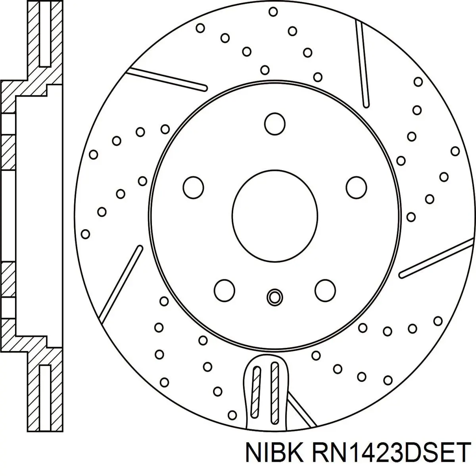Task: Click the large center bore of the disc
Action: coord(275,216)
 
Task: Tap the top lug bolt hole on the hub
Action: coord(275,124)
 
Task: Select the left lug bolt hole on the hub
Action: coord(194,187)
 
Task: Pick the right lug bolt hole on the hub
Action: coord(356,187)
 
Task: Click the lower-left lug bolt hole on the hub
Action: coord(224,290)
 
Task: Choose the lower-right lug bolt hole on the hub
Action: coord(325,290)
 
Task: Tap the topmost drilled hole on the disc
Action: coord(273,12)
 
